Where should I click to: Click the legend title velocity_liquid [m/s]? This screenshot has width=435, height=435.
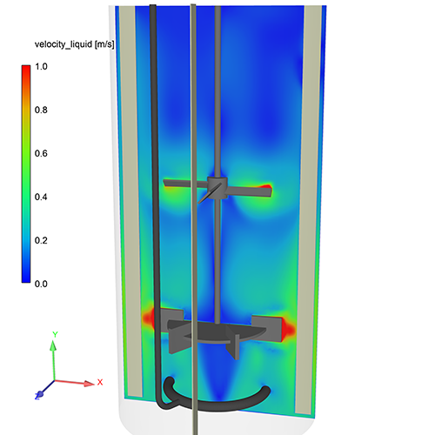click(x=75, y=44)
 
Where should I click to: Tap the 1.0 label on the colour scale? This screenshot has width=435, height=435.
click(x=41, y=67)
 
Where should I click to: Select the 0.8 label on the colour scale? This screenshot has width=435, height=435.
click(x=41, y=110)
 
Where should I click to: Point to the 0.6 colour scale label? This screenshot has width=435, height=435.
click(x=41, y=153)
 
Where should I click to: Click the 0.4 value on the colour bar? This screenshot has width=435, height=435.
click(x=41, y=197)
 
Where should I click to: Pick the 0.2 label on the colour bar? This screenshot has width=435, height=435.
click(x=41, y=240)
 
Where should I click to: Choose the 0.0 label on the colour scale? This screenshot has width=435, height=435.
click(x=41, y=284)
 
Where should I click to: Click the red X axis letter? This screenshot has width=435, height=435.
click(x=100, y=382)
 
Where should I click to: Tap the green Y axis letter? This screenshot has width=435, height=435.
click(x=55, y=334)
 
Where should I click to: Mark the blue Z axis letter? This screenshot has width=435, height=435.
click(x=37, y=396)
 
